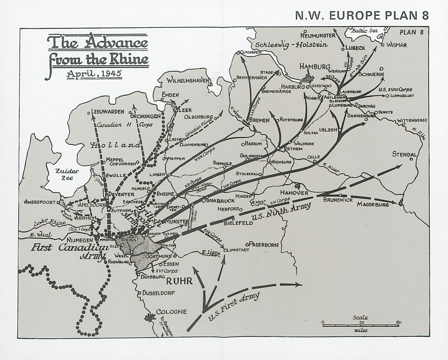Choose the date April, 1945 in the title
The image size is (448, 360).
pos(91,73)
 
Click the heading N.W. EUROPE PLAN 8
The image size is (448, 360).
pos(362,16)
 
